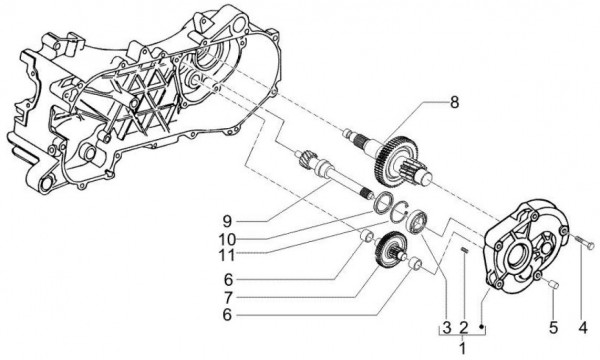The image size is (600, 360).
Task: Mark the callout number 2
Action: [464, 328]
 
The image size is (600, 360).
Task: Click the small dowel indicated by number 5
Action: [552, 286]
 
